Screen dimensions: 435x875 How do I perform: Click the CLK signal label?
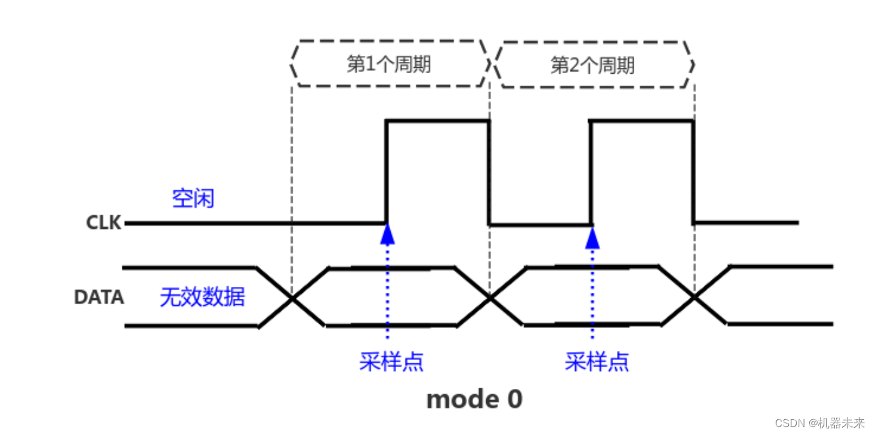pyautogui.click(x=104, y=223)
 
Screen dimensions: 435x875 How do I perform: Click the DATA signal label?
pyautogui.click(x=99, y=297)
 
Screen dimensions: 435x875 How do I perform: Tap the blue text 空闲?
pyautogui.click(x=193, y=198)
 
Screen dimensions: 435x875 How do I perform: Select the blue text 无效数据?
pyautogui.click(x=202, y=297)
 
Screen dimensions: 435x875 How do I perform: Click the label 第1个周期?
pyautogui.click(x=389, y=65)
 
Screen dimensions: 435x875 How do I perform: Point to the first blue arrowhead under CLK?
pyautogui.click(x=387, y=234)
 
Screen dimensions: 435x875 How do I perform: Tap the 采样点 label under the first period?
pyautogui.click(x=391, y=361)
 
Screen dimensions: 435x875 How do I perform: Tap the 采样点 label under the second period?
pyautogui.click(x=597, y=361)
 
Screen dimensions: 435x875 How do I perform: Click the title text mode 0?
pyautogui.click(x=474, y=399)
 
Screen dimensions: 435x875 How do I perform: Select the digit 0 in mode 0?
pyautogui.click(x=514, y=399)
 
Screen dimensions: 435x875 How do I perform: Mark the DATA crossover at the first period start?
pyautogui.click(x=291, y=298)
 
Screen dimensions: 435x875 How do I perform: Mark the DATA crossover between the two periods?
pyautogui.click(x=489, y=298)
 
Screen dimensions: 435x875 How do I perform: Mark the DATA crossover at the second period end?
pyautogui.click(x=693, y=298)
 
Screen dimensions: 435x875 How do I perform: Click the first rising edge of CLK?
pyautogui.click(x=387, y=171)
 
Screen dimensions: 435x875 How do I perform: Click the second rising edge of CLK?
pyautogui.click(x=591, y=171)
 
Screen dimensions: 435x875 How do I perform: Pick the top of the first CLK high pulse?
pyautogui.click(x=438, y=120)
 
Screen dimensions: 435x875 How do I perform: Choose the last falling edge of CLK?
pyautogui.click(x=693, y=171)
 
